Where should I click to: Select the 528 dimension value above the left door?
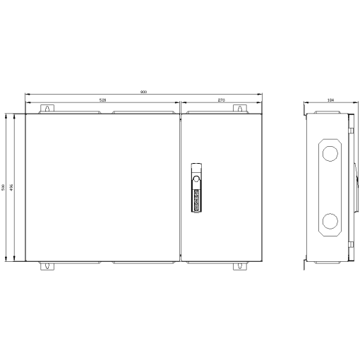pos(103,100)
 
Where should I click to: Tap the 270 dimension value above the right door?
pos(221,100)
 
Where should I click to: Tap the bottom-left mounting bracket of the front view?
pos(48,266)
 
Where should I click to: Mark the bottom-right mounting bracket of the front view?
pos(240,266)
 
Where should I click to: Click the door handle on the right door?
pos(197,188)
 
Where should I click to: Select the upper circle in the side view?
pos(330,153)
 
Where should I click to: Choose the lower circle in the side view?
pos(330,222)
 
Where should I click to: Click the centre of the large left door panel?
pos(103,187)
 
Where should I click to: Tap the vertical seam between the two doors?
pos(181,187)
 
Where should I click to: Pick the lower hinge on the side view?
pos(350,247)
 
